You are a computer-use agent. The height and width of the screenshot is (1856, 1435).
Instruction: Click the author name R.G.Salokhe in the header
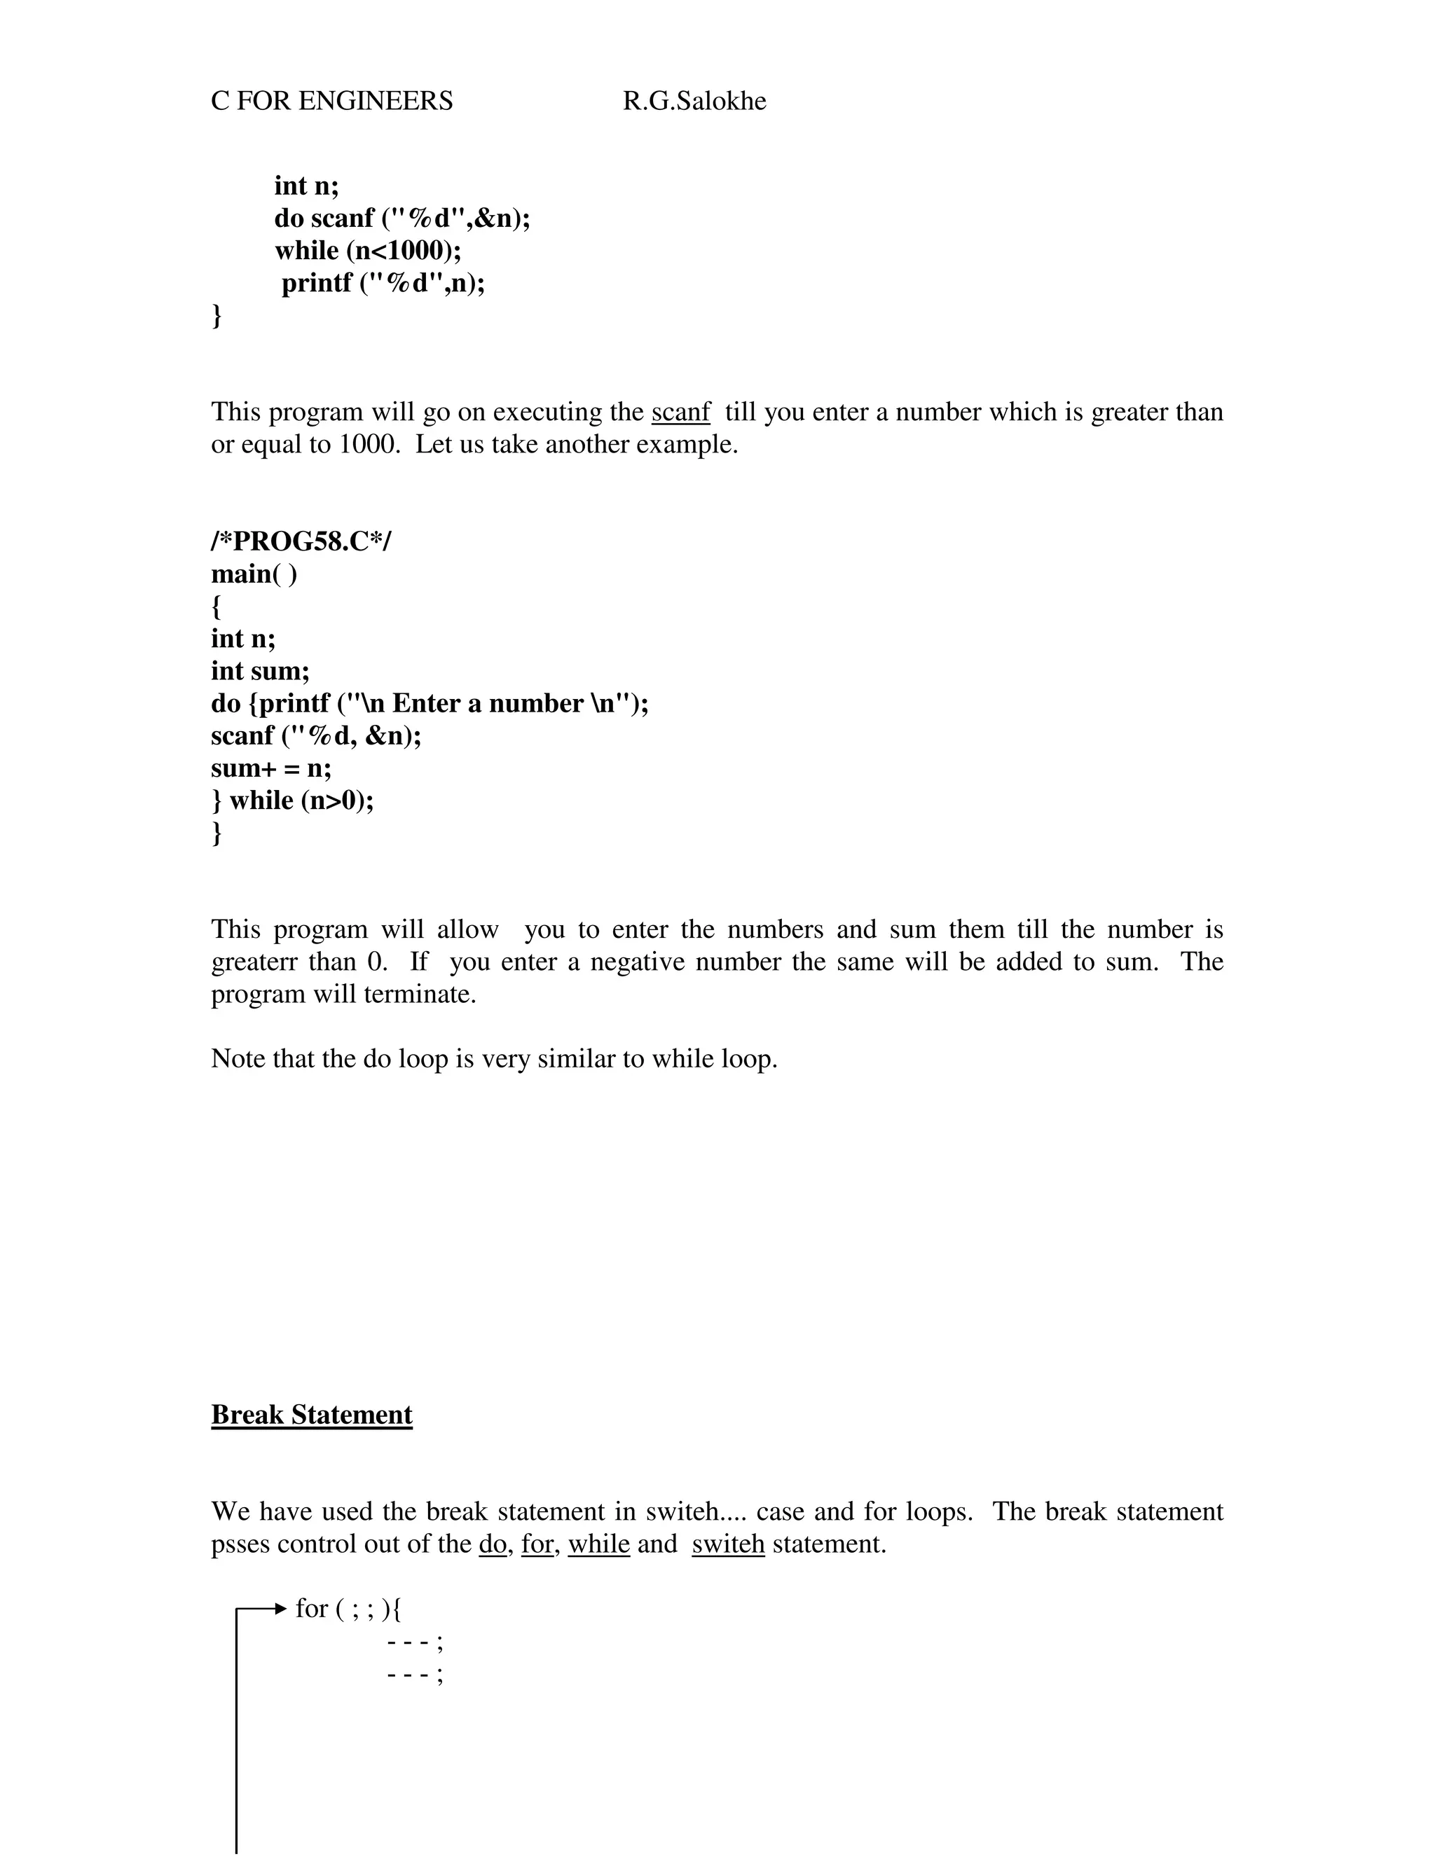coord(694,101)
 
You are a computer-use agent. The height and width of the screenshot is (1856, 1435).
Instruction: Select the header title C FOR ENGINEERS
coord(331,101)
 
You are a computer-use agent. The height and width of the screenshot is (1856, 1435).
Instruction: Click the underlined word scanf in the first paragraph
coord(680,412)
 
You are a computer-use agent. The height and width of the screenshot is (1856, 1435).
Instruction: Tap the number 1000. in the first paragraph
coord(369,445)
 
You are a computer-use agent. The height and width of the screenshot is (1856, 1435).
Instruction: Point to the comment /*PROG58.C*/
coord(301,541)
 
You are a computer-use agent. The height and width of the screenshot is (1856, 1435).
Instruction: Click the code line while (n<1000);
coord(367,251)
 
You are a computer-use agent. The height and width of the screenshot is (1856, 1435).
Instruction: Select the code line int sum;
coord(260,672)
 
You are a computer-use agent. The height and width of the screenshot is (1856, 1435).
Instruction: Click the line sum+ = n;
coord(271,768)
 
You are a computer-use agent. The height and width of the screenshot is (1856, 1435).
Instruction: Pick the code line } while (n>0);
coord(292,801)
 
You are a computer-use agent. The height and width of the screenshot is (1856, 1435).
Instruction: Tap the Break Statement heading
coord(311,1415)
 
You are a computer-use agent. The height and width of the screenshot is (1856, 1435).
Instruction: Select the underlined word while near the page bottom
coord(598,1544)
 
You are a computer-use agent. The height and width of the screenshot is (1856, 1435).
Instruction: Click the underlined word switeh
coord(728,1544)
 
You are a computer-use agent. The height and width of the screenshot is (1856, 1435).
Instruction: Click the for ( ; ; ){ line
coord(348,1609)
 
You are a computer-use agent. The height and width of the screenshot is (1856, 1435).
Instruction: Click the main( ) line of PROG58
coord(254,574)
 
